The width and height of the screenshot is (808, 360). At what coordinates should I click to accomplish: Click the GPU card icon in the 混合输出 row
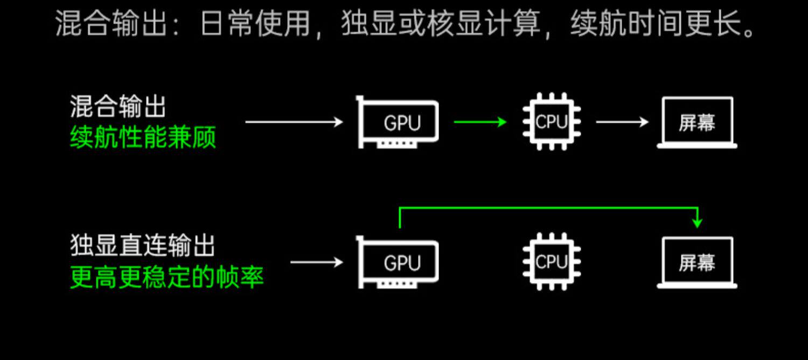click(399, 122)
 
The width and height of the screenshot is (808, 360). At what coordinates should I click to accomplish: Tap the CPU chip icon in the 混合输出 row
click(552, 122)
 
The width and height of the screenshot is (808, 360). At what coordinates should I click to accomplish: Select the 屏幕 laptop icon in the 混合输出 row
click(697, 122)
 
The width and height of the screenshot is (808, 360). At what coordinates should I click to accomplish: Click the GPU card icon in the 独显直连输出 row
click(399, 263)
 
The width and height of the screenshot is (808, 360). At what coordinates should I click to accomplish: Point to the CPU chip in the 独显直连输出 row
click(552, 262)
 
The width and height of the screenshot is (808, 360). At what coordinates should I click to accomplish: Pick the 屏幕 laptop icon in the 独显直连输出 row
click(697, 263)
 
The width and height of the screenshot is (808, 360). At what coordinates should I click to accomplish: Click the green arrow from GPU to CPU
click(479, 122)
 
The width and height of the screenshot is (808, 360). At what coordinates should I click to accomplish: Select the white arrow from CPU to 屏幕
click(622, 122)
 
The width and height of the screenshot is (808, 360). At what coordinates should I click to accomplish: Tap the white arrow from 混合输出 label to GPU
click(294, 122)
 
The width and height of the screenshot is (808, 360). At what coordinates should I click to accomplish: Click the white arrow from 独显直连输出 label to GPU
click(316, 263)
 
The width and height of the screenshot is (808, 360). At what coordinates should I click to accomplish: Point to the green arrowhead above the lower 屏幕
click(698, 222)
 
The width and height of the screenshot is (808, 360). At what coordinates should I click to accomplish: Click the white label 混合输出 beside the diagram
click(117, 107)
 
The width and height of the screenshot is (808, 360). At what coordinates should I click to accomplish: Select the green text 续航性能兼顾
click(143, 138)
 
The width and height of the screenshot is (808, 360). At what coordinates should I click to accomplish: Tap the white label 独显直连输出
click(143, 246)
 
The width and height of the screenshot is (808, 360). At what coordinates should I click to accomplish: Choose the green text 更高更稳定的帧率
click(167, 278)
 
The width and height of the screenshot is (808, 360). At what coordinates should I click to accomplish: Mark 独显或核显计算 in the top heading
click(440, 25)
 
